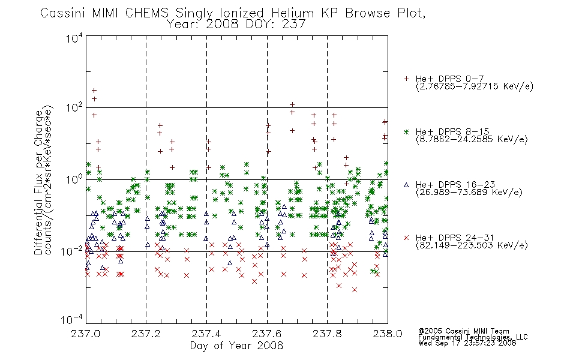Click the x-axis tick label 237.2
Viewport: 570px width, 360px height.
point(146,334)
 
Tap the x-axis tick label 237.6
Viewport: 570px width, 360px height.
point(267,334)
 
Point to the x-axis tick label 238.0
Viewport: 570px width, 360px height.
point(388,334)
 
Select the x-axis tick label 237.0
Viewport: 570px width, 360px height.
point(85,334)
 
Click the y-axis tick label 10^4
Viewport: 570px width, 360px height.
point(74,38)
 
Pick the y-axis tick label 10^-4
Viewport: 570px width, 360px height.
point(72,319)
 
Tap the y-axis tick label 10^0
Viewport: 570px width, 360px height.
point(74,179)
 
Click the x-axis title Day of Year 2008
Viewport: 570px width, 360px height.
point(236,346)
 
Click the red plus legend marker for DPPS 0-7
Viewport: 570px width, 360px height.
point(406,79)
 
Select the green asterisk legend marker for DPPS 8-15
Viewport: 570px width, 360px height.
point(406,131)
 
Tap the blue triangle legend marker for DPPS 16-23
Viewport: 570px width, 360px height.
point(406,185)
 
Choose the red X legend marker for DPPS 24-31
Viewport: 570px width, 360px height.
point(406,238)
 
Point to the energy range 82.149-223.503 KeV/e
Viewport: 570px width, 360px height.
point(472,245)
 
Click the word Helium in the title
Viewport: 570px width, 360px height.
point(292,13)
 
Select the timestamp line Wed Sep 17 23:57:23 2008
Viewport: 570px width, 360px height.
point(467,343)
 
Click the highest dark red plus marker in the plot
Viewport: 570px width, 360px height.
point(94,90)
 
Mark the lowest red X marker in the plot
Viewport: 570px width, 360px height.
point(355,290)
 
